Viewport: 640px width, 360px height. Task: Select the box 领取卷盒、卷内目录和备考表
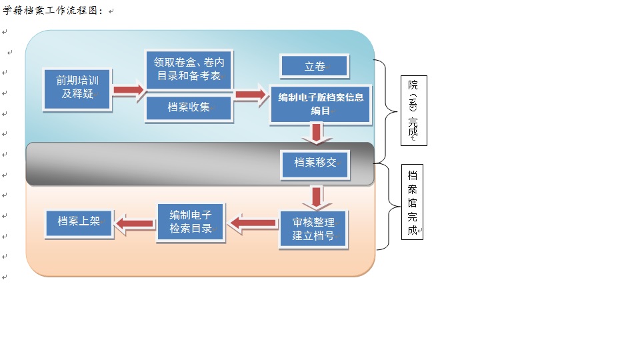point(189,69)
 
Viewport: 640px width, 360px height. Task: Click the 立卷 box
point(314,66)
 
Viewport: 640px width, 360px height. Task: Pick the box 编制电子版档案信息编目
point(320,104)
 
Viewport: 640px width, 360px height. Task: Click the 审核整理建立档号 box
point(313,229)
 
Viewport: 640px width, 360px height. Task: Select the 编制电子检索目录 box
point(191,222)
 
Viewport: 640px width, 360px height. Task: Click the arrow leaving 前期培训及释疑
point(129,89)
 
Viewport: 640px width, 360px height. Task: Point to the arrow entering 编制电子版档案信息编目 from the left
point(251,95)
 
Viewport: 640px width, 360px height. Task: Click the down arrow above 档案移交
point(317,134)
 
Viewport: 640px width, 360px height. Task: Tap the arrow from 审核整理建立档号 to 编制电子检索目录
point(253,223)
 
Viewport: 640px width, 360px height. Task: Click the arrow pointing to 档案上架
point(134,223)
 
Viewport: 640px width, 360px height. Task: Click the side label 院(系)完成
point(413,111)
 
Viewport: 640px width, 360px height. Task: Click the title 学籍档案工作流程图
point(53,10)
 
